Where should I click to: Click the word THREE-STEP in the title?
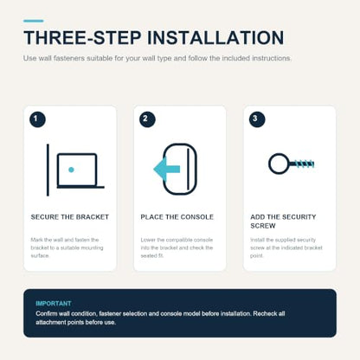point(82,38)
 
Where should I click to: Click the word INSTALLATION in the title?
point(215,38)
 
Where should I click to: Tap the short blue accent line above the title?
point(34,21)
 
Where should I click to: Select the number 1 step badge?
point(37,119)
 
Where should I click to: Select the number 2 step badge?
point(147,119)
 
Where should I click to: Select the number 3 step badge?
point(257,119)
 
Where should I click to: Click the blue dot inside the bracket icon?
point(71,170)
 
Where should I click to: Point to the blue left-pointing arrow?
point(167,170)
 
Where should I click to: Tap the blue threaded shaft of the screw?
point(301,164)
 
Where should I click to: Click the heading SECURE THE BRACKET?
point(70,217)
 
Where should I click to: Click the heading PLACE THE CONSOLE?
point(177,217)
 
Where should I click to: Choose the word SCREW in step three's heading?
point(263,226)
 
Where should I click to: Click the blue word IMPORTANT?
point(54,304)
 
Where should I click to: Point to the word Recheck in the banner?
point(266,313)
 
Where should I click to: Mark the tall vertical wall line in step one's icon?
point(48,170)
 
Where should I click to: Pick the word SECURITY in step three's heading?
point(299,217)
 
